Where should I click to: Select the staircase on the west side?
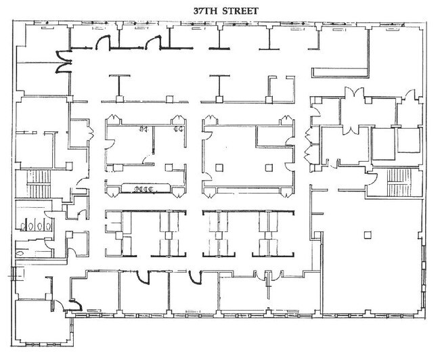click(x=42, y=183)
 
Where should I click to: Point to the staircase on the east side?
click(x=397, y=182)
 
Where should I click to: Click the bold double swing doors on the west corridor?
click(x=63, y=64)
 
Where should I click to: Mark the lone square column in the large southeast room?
click(x=366, y=235)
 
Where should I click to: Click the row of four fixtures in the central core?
click(x=141, y=188)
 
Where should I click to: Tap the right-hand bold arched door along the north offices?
click(x=153, y=43)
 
